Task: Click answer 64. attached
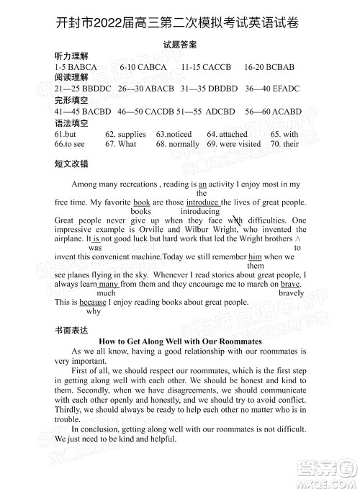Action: pyautogui.click(x=227, y=134)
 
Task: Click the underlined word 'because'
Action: pyautogui.click(x=93, y=303)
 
